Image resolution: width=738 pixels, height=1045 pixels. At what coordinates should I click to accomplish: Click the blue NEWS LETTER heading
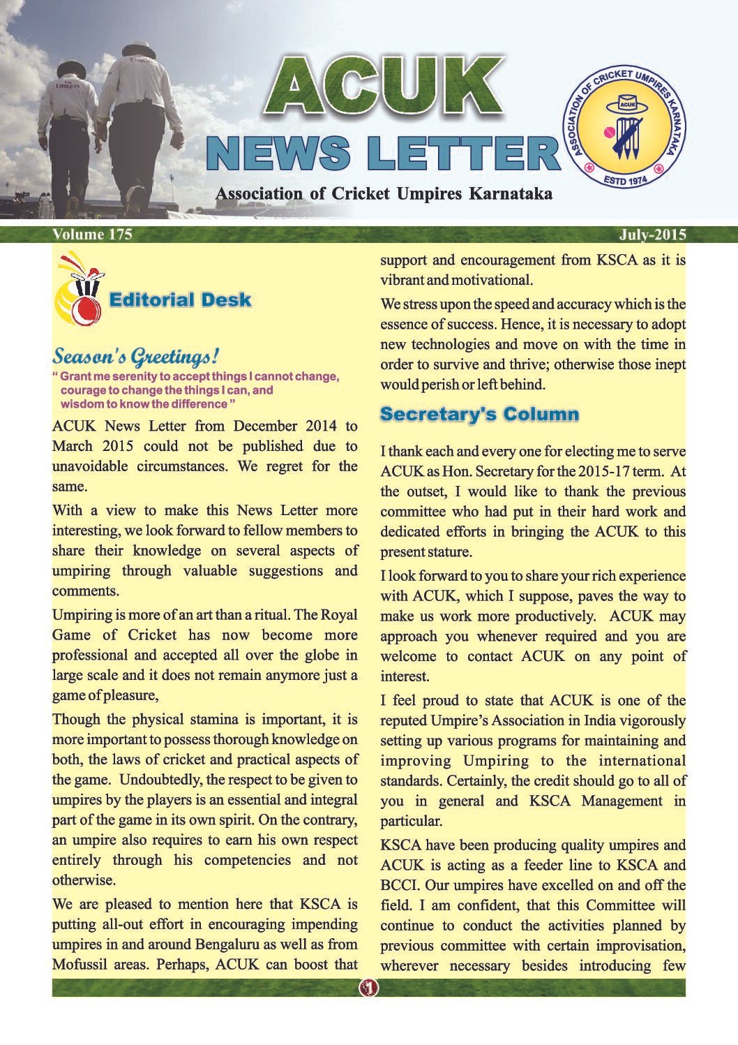(383, 152)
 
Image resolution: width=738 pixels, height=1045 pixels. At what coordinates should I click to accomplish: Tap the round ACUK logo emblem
(625, 128)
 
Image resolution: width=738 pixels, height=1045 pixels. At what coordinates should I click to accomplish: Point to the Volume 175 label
(92, 235)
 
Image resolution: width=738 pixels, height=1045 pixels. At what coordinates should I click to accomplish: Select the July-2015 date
(652, 235)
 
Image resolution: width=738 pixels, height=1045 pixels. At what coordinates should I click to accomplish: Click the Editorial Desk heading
(180, 300)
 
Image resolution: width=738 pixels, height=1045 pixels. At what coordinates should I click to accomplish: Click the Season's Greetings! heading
(136, 357)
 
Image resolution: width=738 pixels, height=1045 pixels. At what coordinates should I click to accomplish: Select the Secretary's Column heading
(479, 414)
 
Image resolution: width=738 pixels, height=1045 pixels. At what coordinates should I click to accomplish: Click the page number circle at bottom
(368, 988)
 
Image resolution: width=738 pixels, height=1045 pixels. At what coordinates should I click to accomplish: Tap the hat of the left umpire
(70, 68)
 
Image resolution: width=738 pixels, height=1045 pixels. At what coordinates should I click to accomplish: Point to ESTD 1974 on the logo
(624, 180)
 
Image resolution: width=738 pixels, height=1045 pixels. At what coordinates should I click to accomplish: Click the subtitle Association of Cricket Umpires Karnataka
(384, 193)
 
